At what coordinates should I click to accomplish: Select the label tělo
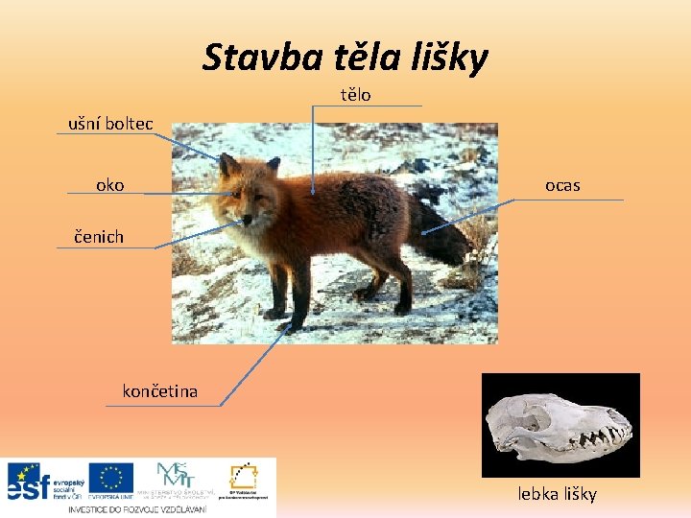tap(356, 95)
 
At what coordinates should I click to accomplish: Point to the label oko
tap(110, 184)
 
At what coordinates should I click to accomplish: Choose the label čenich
tap(100, 236)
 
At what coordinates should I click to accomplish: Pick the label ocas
tap(562, 185)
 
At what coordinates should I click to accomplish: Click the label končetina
tap(160, 390)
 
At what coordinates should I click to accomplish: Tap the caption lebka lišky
tap(558, 494)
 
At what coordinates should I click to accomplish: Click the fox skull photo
tap(560, 425)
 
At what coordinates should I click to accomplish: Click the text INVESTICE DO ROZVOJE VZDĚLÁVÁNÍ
tap(138, 509)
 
